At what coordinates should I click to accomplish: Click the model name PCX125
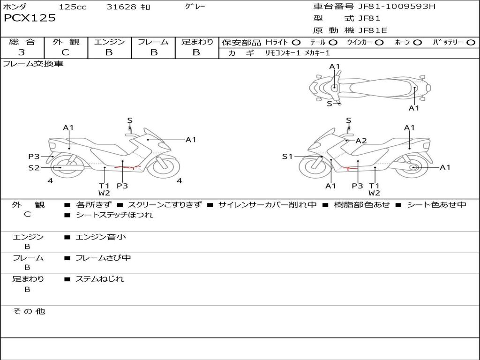(30, 18)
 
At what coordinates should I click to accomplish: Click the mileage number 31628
(121, 7)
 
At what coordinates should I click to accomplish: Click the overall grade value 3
(22, 52)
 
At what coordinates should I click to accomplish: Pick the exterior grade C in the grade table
(66, 52)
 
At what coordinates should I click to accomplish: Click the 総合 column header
(22, 42)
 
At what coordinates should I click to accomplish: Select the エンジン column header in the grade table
(109, 42)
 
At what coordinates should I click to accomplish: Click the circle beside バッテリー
(471, 42)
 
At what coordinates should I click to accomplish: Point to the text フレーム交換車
(33, 64)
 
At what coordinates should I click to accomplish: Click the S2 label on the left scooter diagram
(34, 167)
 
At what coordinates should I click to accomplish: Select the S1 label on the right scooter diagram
(287, 157)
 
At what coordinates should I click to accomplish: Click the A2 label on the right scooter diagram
(361, 141)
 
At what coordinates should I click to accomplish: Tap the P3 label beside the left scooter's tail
(34, 157)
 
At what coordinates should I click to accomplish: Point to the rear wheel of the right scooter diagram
(413, 167)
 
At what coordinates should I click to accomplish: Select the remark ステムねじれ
(100, 279)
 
